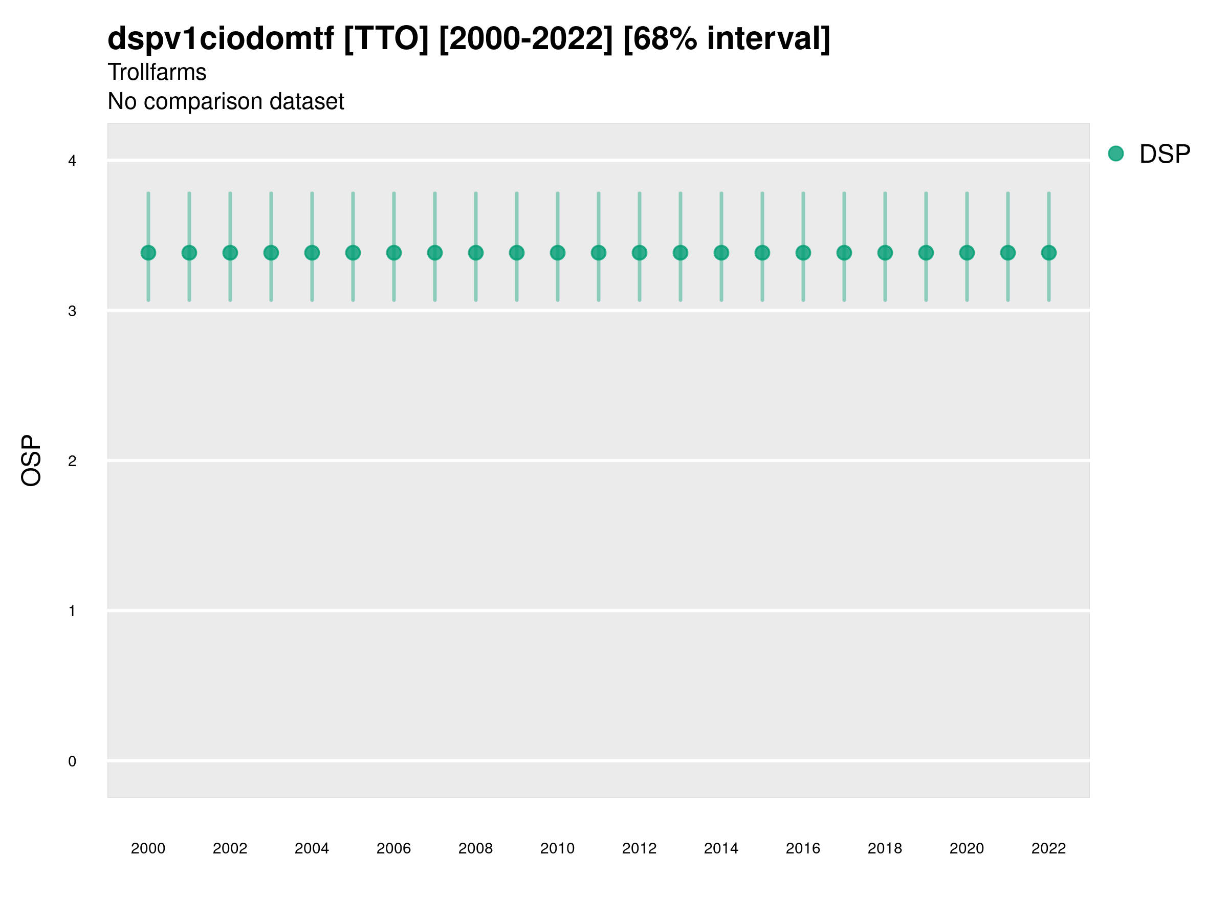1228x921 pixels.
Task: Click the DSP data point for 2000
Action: coord(148,253)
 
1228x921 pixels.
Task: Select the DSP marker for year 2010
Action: coord(557,253)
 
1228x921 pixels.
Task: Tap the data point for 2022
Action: coord(1049,253)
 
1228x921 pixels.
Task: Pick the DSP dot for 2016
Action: coord(803,253)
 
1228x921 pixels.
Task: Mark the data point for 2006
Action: coord(393,253)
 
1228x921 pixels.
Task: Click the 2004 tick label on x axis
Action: coord(312,848)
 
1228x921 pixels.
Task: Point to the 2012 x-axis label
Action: coord(639,848)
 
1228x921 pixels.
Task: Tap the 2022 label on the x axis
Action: coord(1049,848)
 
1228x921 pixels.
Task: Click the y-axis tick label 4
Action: coord(72,161)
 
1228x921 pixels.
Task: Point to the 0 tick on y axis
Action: coord(72,761)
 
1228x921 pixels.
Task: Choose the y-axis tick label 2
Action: coord(72,461)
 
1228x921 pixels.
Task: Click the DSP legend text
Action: coord(1165,154)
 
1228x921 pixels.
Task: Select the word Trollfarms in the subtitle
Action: coord(157,72)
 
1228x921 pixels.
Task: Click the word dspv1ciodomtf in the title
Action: coord(221,39)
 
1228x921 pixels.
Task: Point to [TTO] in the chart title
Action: coord(386,39)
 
